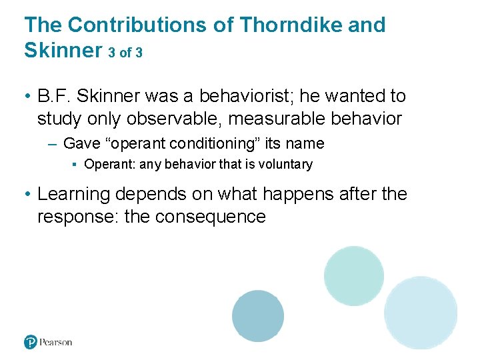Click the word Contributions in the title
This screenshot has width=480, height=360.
coord(153,25)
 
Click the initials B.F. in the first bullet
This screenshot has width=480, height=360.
coord(54,97)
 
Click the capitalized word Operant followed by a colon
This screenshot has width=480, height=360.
coord(109,164)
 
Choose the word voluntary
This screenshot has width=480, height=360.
coord(285,164)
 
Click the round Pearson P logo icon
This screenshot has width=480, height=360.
coord(31,342)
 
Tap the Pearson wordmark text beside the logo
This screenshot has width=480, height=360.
coord(56,342)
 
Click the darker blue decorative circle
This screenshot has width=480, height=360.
coord(258,316)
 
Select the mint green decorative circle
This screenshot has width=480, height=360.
coord(353,275)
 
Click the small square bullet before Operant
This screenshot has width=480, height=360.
coord(77,165)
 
